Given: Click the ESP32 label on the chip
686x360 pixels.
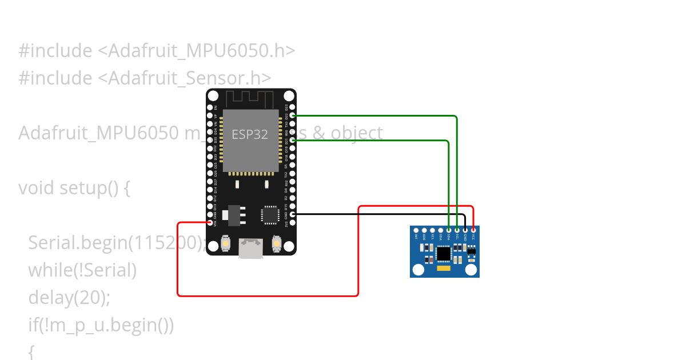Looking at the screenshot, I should pos(249,135).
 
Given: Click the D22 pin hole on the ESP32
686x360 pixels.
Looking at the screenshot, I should pos(293,115).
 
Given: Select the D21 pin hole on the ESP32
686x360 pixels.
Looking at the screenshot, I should pos(293,140).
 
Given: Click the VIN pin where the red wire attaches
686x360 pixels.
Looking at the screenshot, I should pos(211,222).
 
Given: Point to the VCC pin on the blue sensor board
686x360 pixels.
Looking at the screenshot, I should pos(473,230).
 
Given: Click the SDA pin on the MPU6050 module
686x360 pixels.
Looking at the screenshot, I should pos(449,230).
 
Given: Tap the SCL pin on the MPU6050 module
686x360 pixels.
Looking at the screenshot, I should pos(457,230).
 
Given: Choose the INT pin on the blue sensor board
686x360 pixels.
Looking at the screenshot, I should pos(416,230).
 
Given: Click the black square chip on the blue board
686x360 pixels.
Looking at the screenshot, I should pos(444,253).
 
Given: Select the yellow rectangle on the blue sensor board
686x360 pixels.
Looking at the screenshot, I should pos(444,267).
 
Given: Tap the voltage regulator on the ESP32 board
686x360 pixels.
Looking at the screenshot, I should pos(233,214).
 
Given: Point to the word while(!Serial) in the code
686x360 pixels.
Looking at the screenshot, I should pos(82,270).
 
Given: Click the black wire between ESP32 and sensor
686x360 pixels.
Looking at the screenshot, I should pos(377,214).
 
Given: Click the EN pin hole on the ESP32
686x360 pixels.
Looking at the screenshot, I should pos(211,107).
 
